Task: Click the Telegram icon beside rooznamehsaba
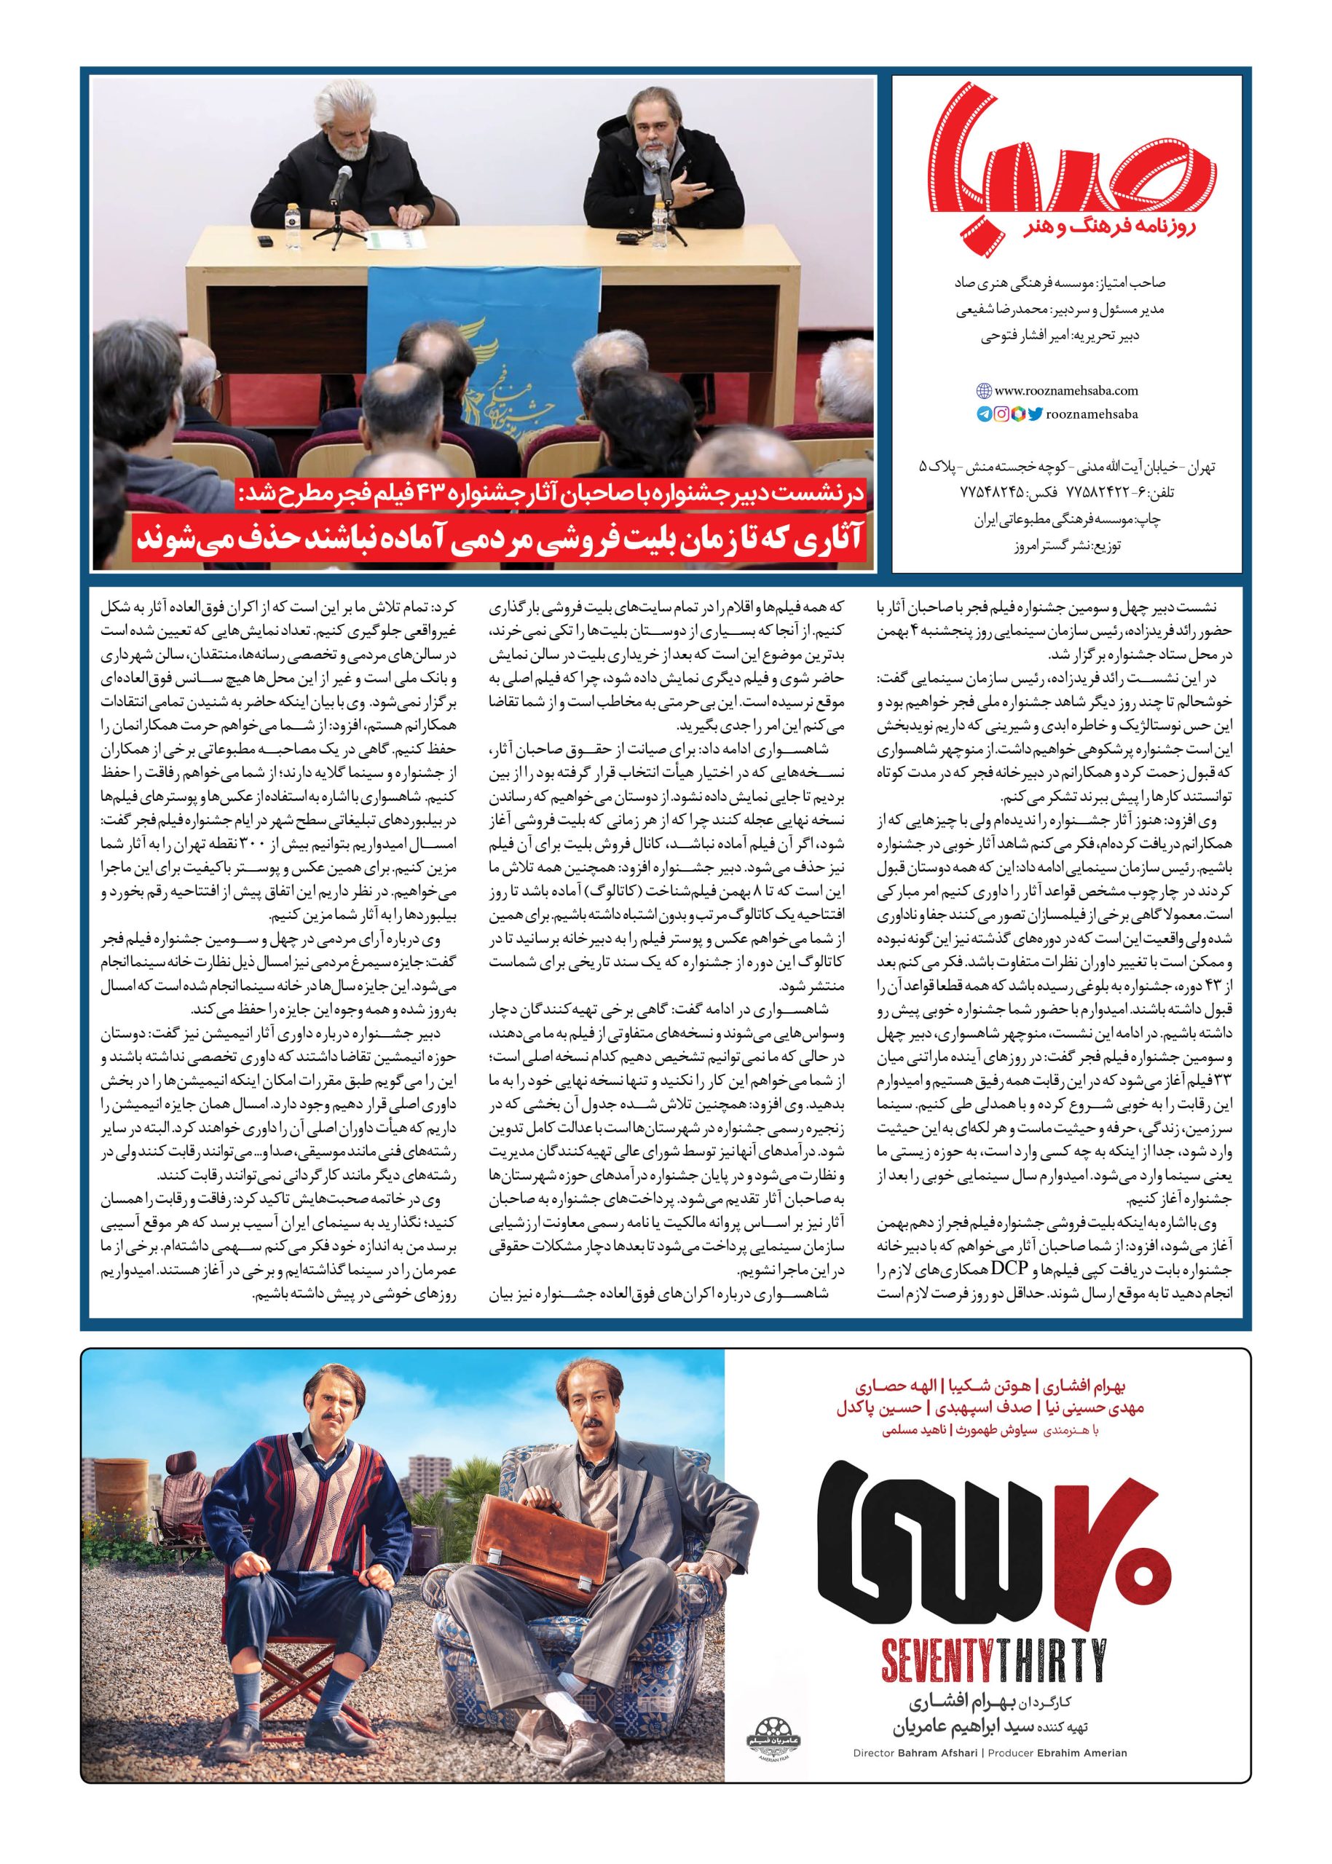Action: click(982, 414)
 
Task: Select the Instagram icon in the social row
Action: click(1001, 414)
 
